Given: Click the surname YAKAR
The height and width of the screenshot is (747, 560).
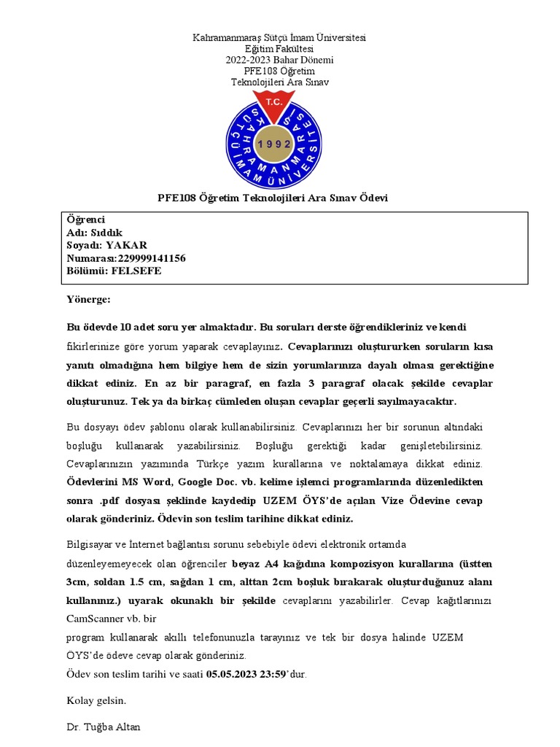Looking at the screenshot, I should [x=126, y=245].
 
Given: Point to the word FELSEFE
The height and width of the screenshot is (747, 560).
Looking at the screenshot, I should [x=136, y=271].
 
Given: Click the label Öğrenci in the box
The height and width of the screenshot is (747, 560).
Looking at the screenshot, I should [x=86, y=220].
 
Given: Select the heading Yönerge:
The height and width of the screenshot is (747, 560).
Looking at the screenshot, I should [x=88, y=299].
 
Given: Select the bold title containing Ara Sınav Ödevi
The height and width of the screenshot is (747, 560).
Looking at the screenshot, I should [x=273, y=198].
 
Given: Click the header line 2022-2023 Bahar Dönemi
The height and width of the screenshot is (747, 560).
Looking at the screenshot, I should [x=279, y=60].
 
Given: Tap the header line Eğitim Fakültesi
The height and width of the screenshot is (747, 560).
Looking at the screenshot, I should [x=279, y=49].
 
